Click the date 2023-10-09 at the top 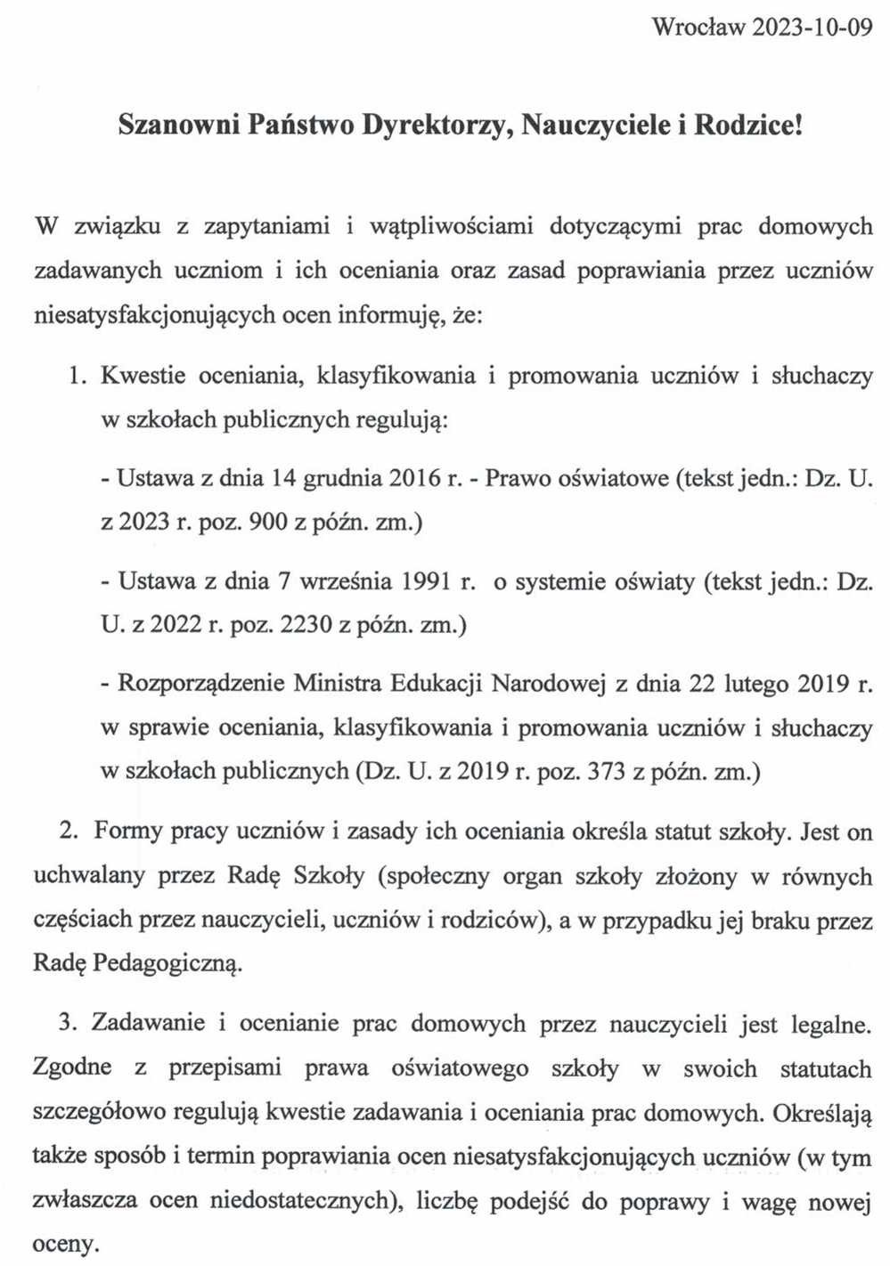point(812,28)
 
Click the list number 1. point(78,376)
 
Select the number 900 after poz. point(268,522)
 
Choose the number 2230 point(306,625)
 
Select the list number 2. point(68,831)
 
